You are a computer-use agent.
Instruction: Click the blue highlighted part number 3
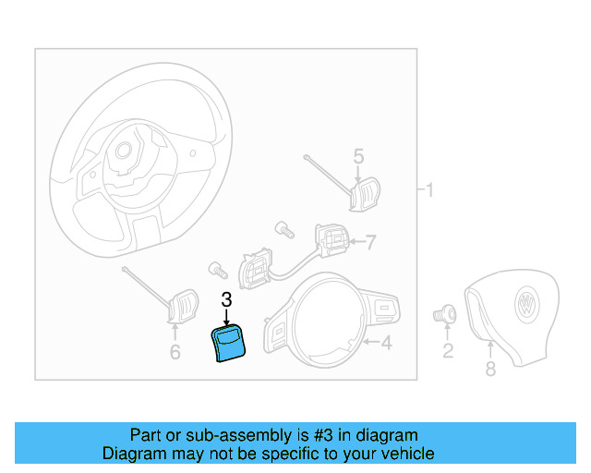pos(228,344)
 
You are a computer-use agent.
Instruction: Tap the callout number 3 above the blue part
pos(226,300)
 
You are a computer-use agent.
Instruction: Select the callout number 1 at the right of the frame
pos(428,191)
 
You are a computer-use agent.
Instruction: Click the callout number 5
pos(358,157)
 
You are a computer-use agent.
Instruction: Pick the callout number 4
pos(386,344)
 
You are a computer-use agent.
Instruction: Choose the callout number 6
pos(175,351)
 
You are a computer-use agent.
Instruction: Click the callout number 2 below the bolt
pos(448,350)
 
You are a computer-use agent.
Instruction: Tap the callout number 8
pos(490,370)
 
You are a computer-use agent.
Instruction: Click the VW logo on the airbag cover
pos(527,306)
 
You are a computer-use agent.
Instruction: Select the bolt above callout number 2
pos(444,314)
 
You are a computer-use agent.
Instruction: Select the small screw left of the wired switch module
pos(219,270)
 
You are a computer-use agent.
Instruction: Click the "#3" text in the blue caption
pos(312,435)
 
